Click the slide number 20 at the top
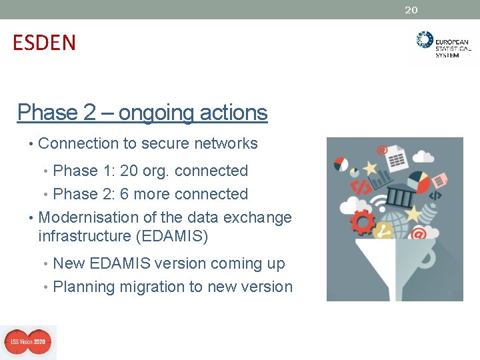411,10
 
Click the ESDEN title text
44,43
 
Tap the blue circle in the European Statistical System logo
424,39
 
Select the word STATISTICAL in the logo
453,48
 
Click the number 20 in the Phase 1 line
129,171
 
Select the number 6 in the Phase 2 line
125,194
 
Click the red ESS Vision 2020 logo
28,342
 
